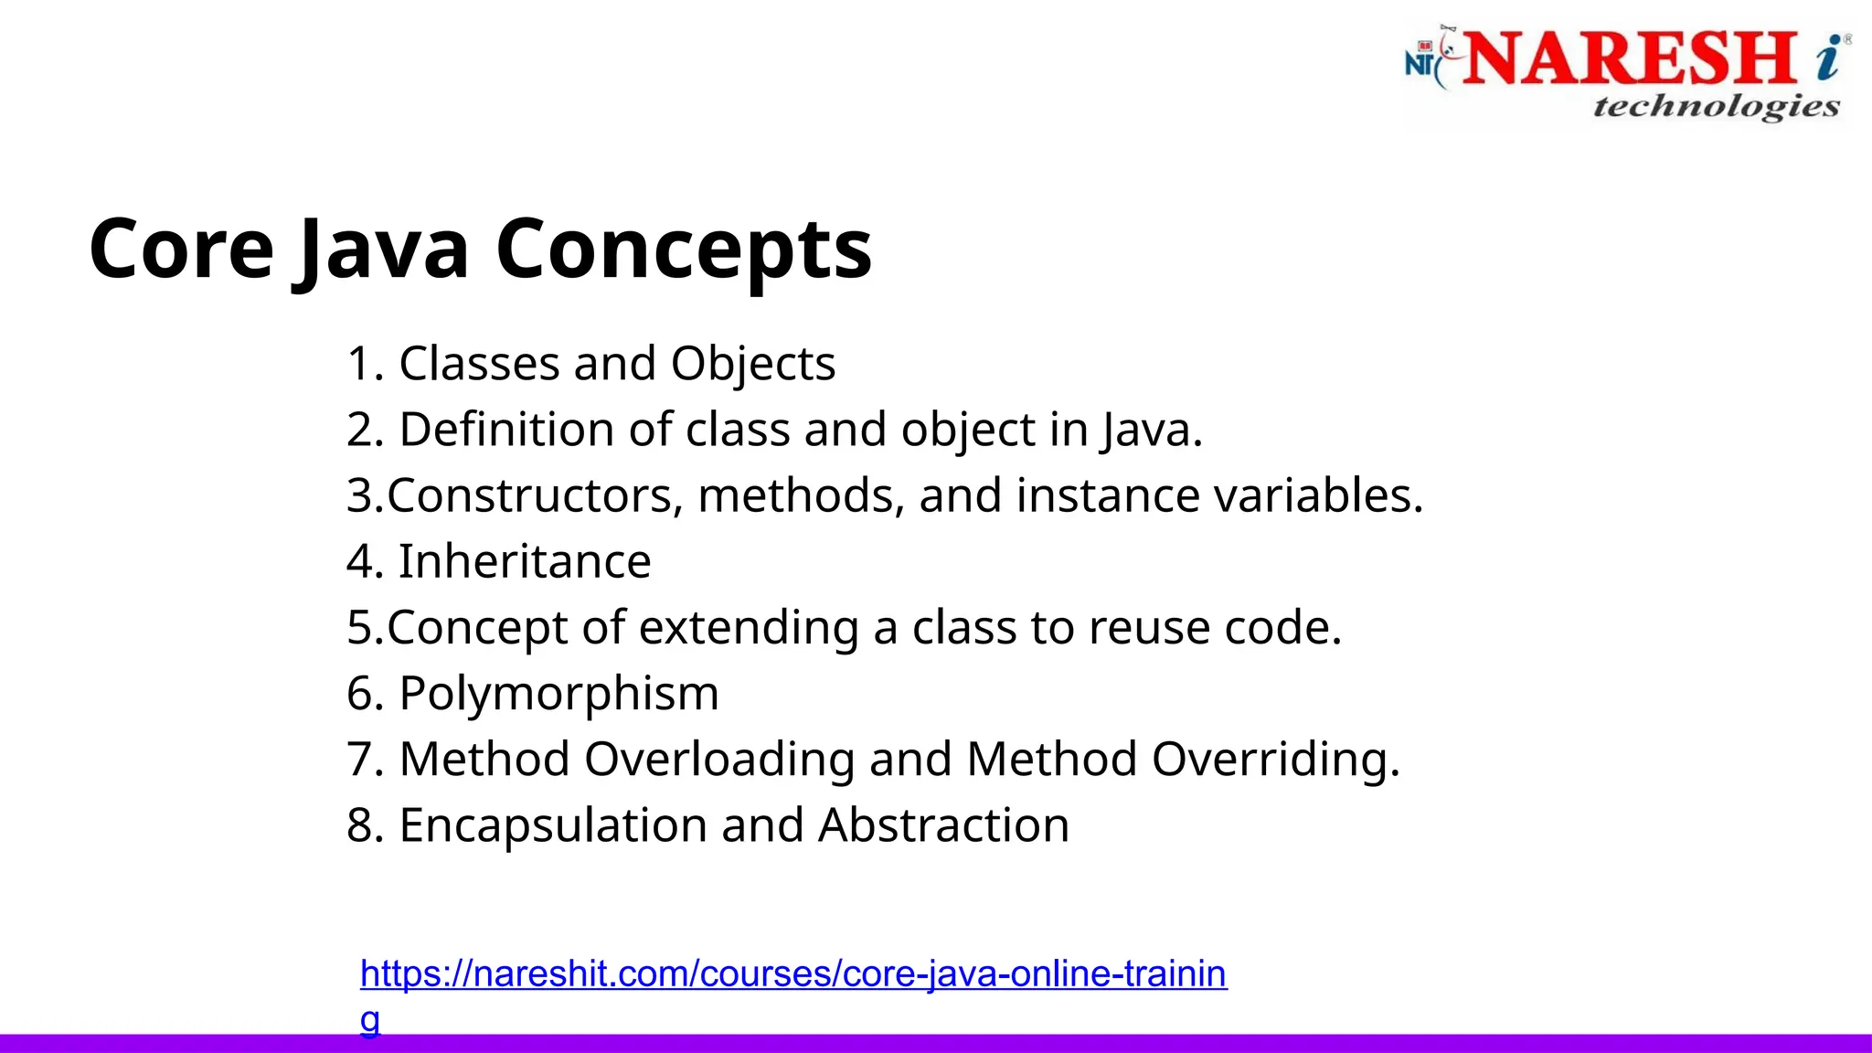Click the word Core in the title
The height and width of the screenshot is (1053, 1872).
181,250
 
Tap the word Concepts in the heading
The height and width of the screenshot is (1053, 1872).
684,250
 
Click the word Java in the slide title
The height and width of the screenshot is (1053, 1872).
384,250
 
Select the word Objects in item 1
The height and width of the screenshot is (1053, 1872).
753,364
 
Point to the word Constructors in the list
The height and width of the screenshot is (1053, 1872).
535,495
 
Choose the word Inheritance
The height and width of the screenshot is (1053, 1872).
525,561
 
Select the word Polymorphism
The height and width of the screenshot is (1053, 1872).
558,694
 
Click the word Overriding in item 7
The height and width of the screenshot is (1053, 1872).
1275,760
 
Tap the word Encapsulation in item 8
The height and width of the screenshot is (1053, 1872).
553,825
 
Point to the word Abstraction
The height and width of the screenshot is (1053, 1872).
943,825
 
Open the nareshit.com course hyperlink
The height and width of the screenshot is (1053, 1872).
792,974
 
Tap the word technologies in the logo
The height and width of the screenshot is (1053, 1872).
1716,107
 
